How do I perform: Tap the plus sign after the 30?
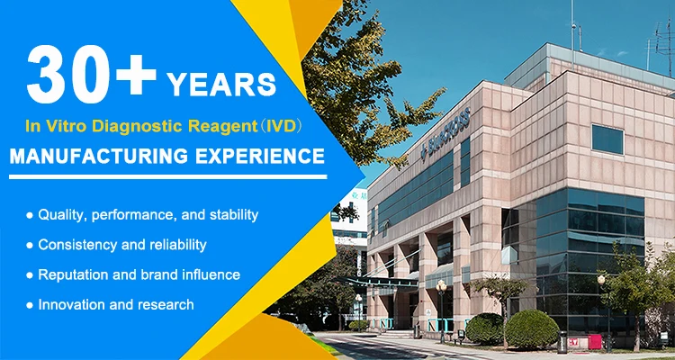[136, 75]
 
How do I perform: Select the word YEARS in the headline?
[221, 85]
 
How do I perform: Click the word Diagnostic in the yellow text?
[139, 126]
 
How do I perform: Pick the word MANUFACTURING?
[99, 157]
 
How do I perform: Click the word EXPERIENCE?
[260, 157]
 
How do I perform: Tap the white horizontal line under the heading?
[168, 176]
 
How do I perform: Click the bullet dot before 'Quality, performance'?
[30, 215]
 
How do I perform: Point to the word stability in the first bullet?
[234, 215]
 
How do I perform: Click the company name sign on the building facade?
[446, 131]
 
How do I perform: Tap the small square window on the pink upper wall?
[607, 139]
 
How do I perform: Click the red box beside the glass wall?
[595, 341]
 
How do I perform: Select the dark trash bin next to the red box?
[562, 342]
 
